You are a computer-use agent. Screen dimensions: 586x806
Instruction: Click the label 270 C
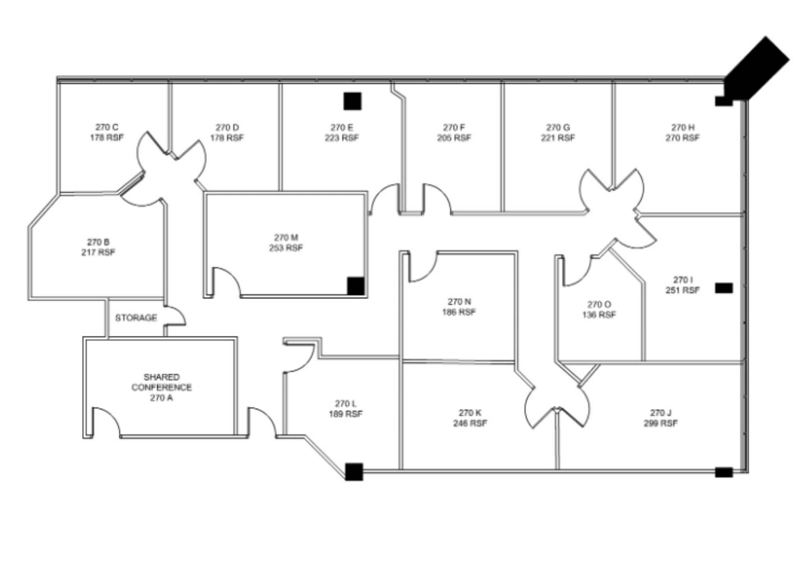tap(107, 127)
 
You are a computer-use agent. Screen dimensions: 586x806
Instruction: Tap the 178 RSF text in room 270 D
tap(227, 138)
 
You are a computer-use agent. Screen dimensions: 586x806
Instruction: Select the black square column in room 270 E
tap(352, 101)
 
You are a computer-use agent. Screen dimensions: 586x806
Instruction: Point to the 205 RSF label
tap(454, 138)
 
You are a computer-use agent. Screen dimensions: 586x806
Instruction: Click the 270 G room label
tap(558, 127)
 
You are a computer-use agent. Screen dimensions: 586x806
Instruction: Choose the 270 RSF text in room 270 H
tap(682, 138)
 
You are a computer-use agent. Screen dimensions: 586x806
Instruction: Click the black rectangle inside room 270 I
tap(724, 288)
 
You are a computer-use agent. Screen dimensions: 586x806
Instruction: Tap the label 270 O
tap(599, 304)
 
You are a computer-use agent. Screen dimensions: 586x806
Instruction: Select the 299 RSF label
tap(661, 423)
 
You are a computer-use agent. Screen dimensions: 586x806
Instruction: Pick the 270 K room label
tap(470, 413)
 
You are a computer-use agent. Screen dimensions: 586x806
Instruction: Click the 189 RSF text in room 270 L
tap(345, 414)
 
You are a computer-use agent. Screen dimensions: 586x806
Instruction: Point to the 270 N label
tap(459, 302)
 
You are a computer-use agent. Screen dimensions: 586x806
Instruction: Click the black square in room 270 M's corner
tap(356, 286)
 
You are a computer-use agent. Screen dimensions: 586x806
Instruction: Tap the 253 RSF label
tap(286, 248)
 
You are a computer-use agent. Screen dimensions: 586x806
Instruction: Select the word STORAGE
tap(136, 318)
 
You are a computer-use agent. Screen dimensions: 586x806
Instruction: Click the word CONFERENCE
tap(162, 387)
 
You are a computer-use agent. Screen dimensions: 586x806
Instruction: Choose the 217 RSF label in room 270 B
tap(98, 253)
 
